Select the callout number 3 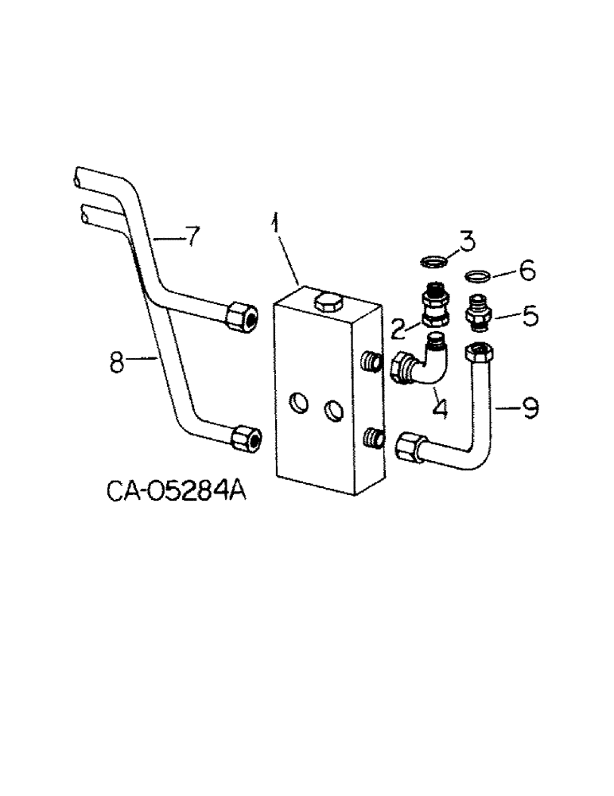click(467, 240)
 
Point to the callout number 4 click(439, 408)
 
